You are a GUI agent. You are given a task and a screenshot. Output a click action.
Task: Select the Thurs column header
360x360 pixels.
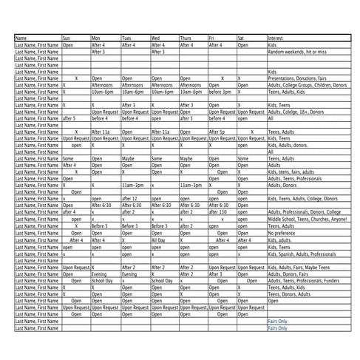tap(185, 38)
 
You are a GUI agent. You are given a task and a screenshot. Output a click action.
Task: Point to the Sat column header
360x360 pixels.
tap(242, 38)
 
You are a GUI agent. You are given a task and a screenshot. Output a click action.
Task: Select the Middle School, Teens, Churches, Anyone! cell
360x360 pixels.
tap(306, 219)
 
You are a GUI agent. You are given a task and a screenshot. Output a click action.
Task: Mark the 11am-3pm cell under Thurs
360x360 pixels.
tap(190, 185)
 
